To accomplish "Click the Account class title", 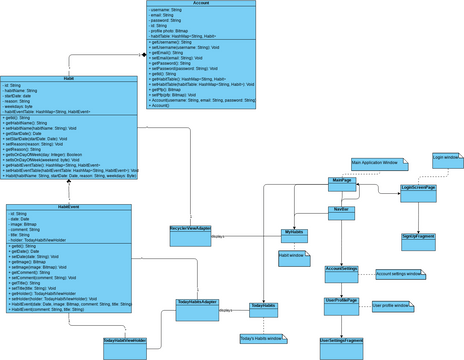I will pos(200,5).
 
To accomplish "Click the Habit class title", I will pos(68,77).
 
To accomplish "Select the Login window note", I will pos(446,158).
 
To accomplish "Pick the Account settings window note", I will pos(399,273).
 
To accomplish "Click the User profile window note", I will pos(391,305).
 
